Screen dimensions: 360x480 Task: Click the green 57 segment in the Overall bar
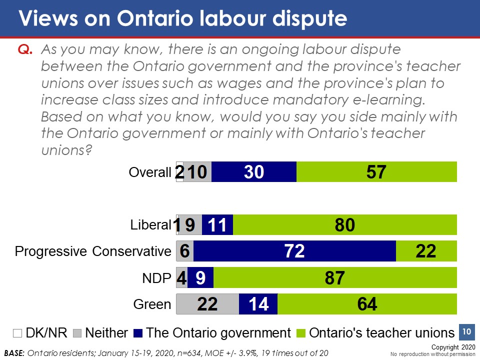click(x=376, y=172)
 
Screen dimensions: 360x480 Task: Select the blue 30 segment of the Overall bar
click(x=254, y=172)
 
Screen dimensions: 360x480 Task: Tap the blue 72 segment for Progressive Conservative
click(x=294, y=251)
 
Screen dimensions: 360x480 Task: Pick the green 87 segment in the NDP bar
click(x=335, y=277)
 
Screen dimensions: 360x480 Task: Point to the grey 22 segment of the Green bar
click(x=207, y=304)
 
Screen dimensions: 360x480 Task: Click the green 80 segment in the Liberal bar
click(x=345, y=224)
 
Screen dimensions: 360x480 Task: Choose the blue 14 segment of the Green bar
click(x=258, y=304)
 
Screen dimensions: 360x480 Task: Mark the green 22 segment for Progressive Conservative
click(x=426, y=251)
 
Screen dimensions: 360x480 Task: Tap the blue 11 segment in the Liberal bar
click(x=217, y=224)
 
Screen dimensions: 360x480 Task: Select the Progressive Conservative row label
click(x=93, y=251)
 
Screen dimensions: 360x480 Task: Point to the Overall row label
click(x=150, y=172)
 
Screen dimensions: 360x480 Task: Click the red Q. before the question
click(x=25, y=49)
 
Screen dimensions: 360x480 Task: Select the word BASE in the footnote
click(x=13, y=352)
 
